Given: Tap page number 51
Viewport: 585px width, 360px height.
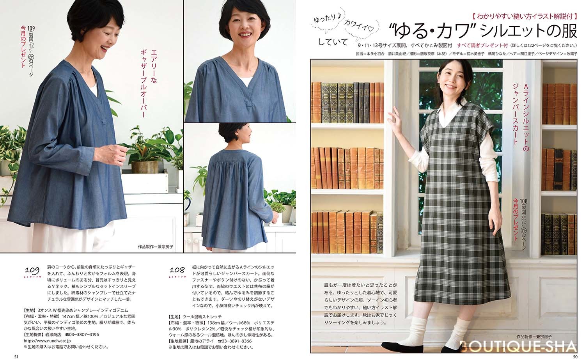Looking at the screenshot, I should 16,356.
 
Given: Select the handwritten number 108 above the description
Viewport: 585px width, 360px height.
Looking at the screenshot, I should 177,270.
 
